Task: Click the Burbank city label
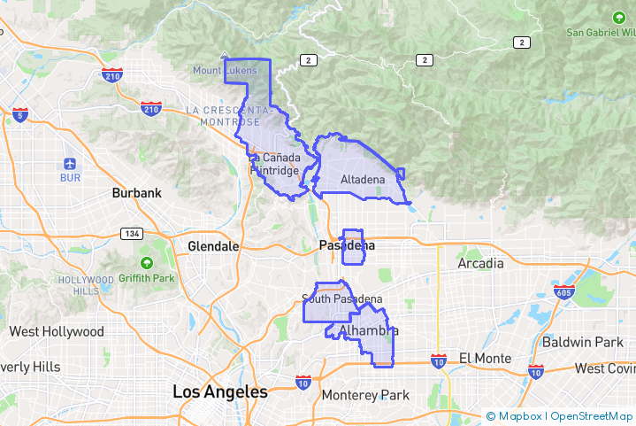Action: pos(136,192)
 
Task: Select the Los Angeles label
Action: pos(219,391)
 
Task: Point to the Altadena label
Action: pos(363,180)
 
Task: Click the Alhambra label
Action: pos(368,330)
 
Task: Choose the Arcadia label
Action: pos(480,263)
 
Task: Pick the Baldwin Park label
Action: pos(583,341)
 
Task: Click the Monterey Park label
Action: pos(365,395)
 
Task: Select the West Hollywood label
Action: pos(56,332)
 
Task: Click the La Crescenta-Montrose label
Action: pos(224,115)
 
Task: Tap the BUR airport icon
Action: pos(70,164)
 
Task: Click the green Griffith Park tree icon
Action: pos(146,263)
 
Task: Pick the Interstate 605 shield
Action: pos(563,291)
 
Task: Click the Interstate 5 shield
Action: pos(19,114)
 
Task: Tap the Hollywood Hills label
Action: pos(80,285)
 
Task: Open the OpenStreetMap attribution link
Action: pos(592,416)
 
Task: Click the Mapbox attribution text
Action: pos(518,416)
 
